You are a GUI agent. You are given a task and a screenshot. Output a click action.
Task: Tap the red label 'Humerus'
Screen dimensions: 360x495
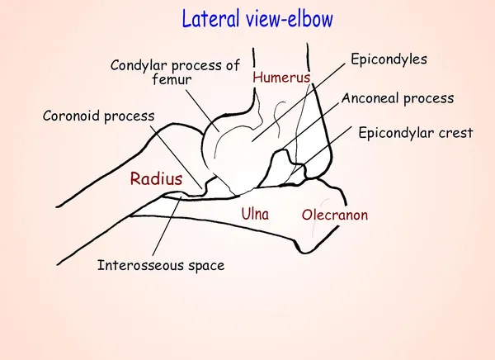280,78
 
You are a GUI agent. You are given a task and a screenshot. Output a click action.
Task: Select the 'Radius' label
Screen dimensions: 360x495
156,178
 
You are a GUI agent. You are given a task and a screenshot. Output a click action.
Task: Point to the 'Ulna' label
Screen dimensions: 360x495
255,214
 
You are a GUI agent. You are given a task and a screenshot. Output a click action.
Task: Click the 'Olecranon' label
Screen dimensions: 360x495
335,216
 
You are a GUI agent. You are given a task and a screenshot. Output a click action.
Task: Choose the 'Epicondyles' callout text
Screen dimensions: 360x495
389,60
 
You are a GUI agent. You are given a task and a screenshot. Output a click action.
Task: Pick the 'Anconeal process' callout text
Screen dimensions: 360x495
398,98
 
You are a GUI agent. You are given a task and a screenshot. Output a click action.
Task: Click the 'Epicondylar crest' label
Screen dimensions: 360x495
415,132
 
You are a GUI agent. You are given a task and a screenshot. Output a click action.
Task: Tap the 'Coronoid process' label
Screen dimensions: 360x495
98,116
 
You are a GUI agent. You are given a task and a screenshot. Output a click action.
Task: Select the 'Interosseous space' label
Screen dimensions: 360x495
161,265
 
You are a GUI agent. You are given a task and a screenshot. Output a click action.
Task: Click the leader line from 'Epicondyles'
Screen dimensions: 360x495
297,103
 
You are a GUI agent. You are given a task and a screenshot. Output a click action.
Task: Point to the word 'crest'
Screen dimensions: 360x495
455,132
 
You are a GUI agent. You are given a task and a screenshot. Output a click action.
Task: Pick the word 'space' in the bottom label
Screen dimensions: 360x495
205,265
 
